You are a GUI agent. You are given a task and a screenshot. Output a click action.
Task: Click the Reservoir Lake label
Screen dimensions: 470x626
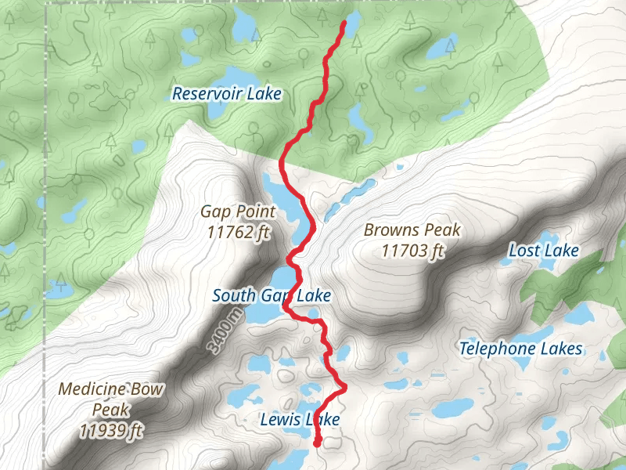226,94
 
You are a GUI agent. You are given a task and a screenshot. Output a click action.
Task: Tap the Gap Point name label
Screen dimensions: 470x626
238,211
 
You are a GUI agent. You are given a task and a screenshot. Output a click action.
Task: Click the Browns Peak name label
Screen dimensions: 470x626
412,230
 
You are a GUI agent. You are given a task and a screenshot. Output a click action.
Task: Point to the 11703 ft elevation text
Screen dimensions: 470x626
412,251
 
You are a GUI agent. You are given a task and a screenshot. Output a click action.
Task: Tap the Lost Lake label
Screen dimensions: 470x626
544,251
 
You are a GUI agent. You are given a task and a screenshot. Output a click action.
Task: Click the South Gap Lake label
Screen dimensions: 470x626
272,296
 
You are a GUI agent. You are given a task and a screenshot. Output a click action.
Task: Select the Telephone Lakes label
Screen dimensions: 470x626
520,349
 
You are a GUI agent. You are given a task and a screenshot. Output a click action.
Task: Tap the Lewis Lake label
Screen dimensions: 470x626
300,420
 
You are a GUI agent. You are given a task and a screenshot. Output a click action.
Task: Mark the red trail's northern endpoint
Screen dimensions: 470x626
344,24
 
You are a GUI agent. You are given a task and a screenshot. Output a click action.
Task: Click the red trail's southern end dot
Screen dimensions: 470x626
317,443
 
